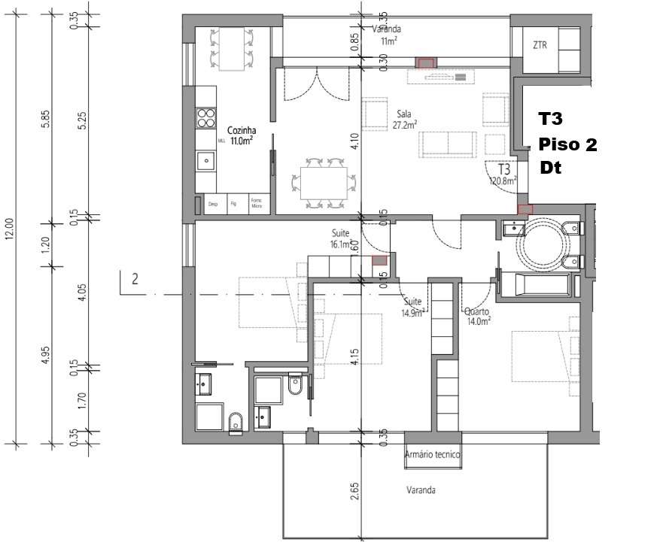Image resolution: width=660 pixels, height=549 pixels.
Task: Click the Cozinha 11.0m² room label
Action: tap(240, 135)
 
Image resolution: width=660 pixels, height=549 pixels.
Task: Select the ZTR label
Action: tap(540, 45)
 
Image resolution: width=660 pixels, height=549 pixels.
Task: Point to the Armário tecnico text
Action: tap(432, 455)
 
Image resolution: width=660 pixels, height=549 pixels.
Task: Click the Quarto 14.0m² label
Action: tap(478, 315)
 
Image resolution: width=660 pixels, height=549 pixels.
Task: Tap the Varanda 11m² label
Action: tap(387, 35)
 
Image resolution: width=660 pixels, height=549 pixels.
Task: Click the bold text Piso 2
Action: tap(567, 145)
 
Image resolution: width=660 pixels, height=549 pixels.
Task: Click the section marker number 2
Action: tap(135, 280)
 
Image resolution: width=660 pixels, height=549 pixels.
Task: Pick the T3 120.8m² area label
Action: tap(503, 174)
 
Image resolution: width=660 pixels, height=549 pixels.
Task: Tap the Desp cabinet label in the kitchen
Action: tap(214, 204)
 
